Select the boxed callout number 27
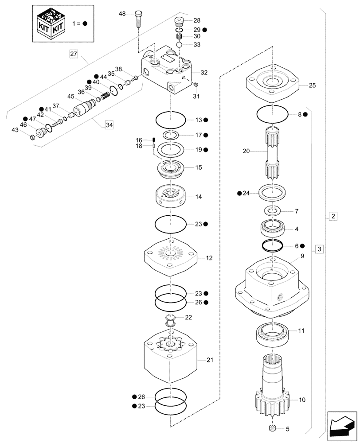pos(74,54)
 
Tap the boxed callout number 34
pos(109,126)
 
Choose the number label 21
pos(210,361)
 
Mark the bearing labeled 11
pos(272,335)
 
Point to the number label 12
pos(210,257)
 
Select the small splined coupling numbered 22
pos(171,320)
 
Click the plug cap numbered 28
pos(180,20)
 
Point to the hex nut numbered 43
pos(33,137)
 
